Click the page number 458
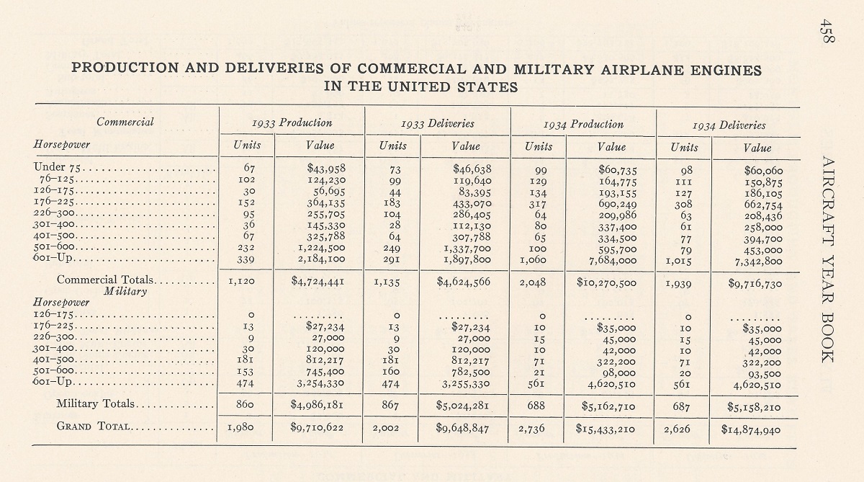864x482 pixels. pyautogui.click(x=827, y=31)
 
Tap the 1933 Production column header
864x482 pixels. pyautogui.click(x=292, y=123)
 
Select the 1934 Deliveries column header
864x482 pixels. pyautogui.click(x=729, y=125)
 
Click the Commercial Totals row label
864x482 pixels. pyautogui.click(x=105, y=280)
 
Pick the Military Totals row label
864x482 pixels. pyautogui.click(x=95, y=403)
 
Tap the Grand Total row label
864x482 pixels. pyautogui.click(x=93, y=426)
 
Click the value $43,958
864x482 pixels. pyautogui.click(x=326, y=168)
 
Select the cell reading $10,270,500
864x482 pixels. pyautogui.click(x=606, y=282)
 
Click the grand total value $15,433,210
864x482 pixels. pyautogui.click(x=606, y=429)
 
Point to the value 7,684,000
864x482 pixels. pyautogui.click(x=613, y=261)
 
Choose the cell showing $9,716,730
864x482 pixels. pyautogui.click(x=755, y=284)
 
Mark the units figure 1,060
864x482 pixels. pyautogui.click(x=533, y=259)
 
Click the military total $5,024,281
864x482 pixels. pyautogui.click(x=462, y=406)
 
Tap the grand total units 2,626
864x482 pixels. pyautogui.click(x=677, y=429)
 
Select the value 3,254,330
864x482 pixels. pyautogui.click(x=321, y=383)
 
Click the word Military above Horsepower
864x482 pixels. pyautogui.click(x=125, y=291)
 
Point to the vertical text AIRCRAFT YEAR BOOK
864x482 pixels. pyautogui.click(x=828, y=259)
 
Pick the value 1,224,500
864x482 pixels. pyautogui.click(x=322, y=247)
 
